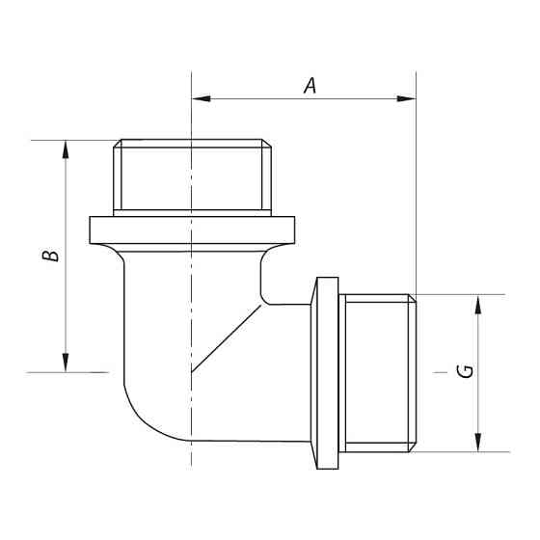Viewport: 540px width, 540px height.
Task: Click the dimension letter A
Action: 310,86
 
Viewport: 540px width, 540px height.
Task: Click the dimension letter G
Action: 466,371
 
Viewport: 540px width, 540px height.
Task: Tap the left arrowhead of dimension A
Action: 200,98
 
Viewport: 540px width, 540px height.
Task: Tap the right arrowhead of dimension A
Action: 409,98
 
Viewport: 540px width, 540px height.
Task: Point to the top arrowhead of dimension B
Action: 66,148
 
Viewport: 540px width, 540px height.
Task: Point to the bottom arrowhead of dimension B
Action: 66,364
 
